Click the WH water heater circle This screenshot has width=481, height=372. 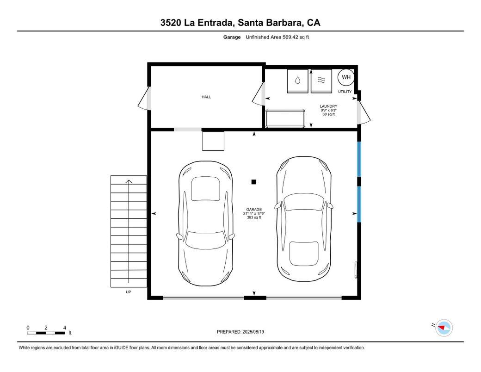coord(346,77)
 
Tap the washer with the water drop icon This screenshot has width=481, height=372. coord(297,81)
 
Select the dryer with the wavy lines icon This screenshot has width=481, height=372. coord(321,81)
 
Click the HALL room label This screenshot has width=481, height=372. coord(206,97)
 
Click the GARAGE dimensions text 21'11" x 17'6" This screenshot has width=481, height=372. coord(254,213)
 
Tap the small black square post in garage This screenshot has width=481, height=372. coord(253,182)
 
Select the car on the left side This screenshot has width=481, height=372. coord(206,223)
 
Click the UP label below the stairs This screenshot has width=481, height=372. coord(128,292)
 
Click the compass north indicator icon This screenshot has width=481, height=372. coord(444,328)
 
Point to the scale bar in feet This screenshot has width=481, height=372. coord(46,333)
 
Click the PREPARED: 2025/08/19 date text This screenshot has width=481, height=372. coord(240,332)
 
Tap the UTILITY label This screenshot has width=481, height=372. coord(345,92)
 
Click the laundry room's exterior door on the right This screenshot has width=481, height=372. coord(364,113)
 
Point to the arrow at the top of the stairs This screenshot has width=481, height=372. coord(129,181)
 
